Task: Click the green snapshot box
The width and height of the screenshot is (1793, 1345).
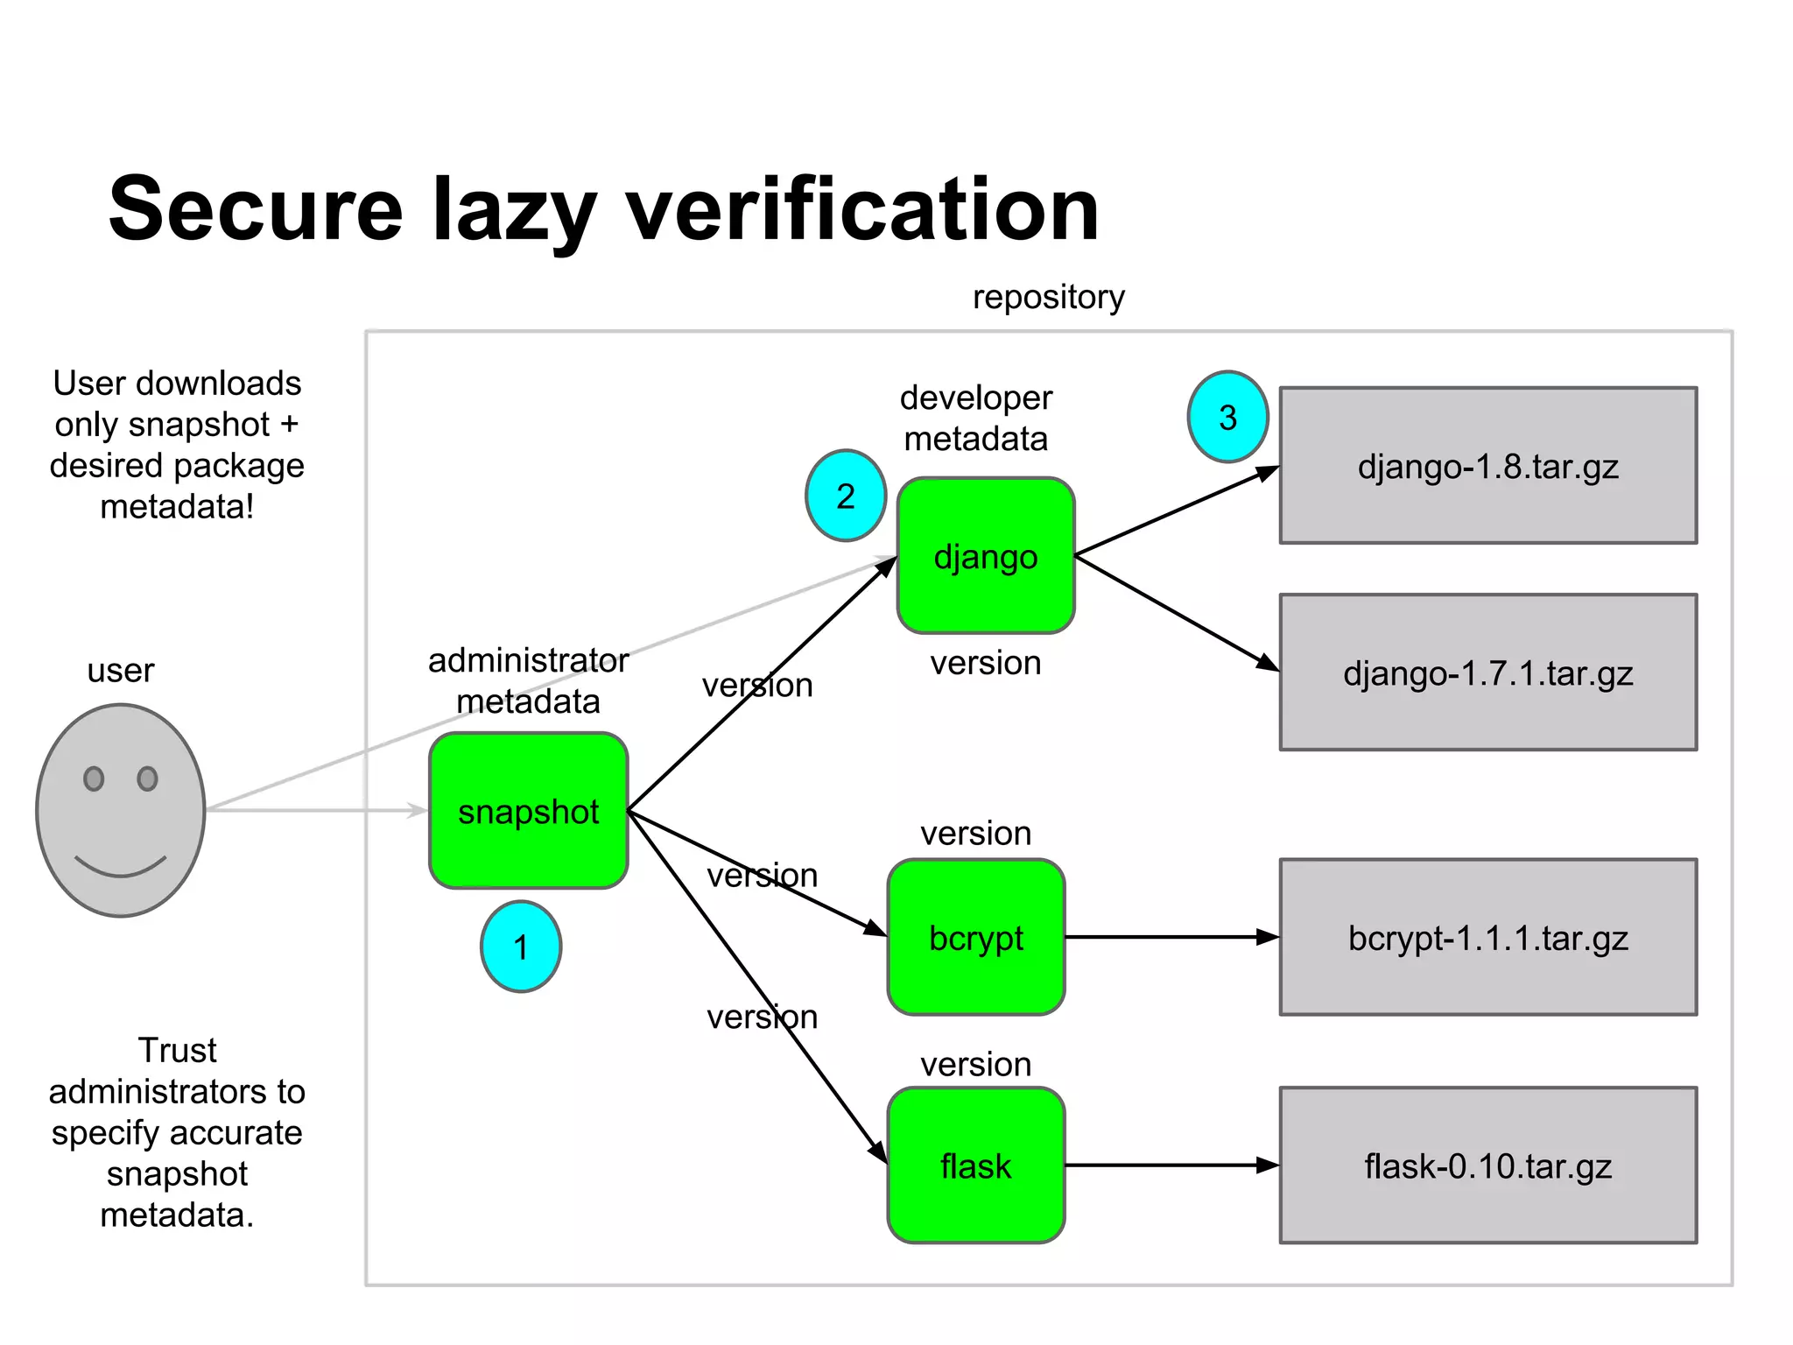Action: (x=528, y=811)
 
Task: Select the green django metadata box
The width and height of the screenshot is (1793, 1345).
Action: (x=986, y=556)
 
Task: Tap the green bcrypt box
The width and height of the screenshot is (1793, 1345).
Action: (x=976, y=937)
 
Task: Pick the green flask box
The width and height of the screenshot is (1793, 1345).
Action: (x=976, y=1165)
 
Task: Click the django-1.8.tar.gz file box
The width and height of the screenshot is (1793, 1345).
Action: (x=1487, y=466)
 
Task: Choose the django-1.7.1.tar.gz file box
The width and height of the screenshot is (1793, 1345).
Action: (x=1487, y=672)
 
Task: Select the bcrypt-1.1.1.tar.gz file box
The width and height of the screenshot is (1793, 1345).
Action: (x=1487, y=937)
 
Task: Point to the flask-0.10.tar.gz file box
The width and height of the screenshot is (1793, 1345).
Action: (x=1487, y=1165)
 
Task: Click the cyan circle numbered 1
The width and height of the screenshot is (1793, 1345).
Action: (x=521, y=947)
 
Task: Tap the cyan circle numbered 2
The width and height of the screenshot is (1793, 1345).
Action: (x=846, y=496)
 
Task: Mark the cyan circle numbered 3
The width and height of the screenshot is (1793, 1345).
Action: (x=1227, y=417)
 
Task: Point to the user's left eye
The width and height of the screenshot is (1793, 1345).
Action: (x=94, y=778)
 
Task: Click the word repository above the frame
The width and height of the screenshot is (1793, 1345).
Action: (x=1048, y=298)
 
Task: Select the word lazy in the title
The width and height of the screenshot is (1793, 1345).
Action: (x=514, y=210)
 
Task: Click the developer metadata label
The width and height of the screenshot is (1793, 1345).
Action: (x=975, y=418)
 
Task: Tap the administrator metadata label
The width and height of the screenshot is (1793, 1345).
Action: (x=528, y=680)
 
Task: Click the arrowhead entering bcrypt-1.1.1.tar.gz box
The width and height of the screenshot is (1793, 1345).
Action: (x=1268, y=937)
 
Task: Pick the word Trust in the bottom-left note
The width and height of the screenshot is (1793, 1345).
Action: (x=177, y=1050)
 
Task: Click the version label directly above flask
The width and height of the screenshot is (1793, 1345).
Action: (x=975, y=1064)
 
